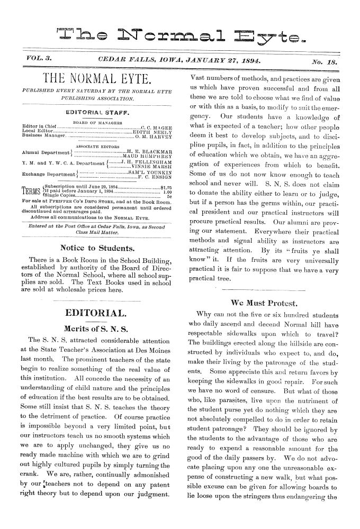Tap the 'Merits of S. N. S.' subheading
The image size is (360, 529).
(97, 312)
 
